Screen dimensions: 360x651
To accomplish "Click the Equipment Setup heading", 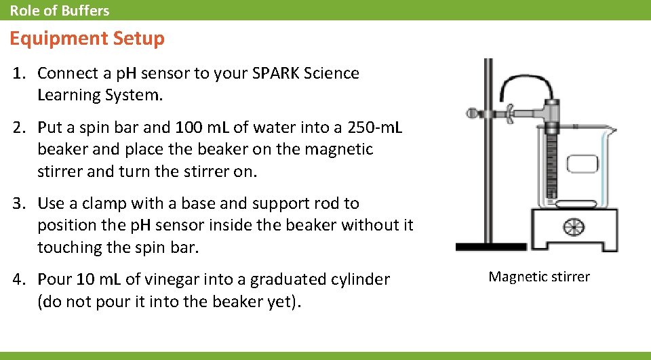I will click(x=87, y=39).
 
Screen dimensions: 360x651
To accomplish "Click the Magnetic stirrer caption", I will click(x=539, y=277).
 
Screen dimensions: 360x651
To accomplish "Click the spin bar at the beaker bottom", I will click(x=576, y=203).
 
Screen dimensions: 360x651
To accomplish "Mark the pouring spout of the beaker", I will click(x=611, y=129).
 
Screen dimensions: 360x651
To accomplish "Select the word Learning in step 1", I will click(x=65, y=95).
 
